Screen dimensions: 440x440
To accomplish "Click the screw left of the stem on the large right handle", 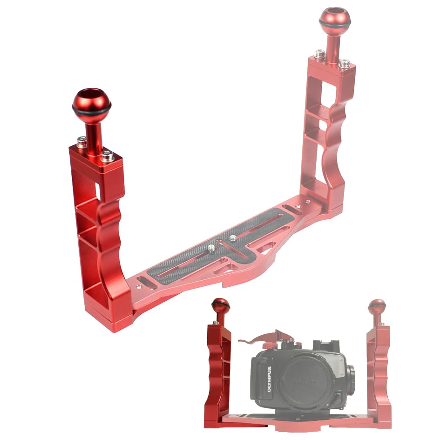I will point(320,54).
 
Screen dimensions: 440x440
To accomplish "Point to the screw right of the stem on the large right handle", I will point(344,63).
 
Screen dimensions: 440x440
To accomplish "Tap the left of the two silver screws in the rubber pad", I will point(211,247).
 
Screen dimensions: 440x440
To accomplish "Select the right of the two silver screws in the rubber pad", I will point(233,238).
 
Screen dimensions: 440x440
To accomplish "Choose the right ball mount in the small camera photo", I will point(377,307).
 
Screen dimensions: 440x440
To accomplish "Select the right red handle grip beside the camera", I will point(379,372).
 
